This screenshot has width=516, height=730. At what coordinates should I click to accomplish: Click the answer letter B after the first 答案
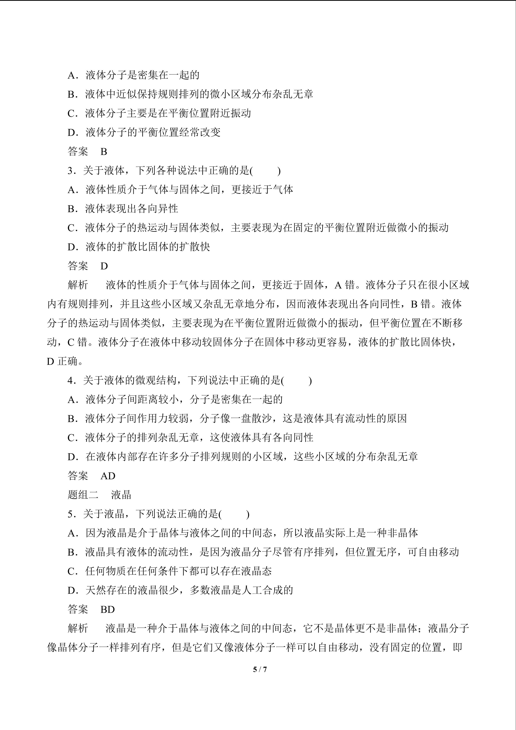click(104, 152)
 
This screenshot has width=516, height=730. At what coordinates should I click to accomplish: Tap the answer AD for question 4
click(108, 476)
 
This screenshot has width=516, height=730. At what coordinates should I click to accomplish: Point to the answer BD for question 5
click(107, 609)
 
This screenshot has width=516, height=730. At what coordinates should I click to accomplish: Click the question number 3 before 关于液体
click(70, 171)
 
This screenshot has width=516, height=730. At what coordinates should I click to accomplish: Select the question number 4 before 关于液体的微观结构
click(70, 381)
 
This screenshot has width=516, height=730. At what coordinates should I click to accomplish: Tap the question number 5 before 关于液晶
click(70, 514)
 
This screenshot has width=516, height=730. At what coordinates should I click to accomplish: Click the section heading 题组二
click(83, 495)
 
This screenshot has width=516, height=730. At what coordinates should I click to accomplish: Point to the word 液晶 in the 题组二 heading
click(121, 495)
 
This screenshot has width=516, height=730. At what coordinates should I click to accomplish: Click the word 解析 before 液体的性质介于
click(78, 285)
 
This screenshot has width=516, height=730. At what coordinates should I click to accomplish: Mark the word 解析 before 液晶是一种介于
click(78, 629)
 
